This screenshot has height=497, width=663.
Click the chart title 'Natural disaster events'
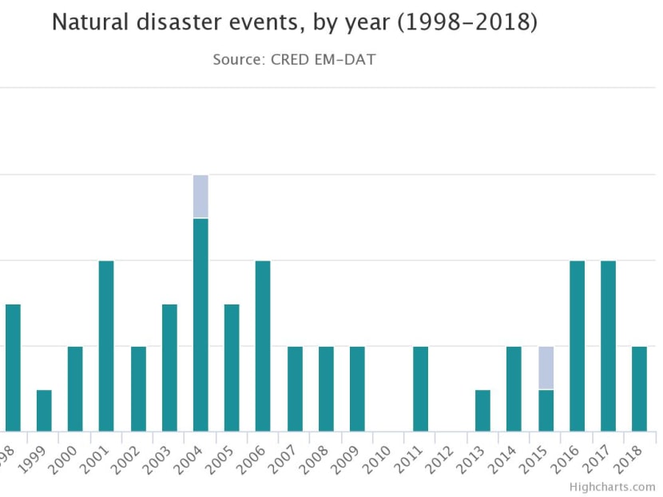click(295, 22)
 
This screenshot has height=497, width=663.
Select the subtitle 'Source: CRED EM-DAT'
click(294, 59)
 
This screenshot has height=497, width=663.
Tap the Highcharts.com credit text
click(612, 487)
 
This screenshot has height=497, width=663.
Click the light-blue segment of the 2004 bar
click(200, 197)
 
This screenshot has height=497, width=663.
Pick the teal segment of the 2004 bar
click(200, 324)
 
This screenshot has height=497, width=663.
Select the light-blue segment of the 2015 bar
click(546, 368)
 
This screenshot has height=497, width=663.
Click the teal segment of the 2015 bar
click(546, 411)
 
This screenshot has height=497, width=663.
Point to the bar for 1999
click(44, 411)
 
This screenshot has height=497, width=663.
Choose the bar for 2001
click(106, 346)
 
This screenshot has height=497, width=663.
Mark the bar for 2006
click(263, 346)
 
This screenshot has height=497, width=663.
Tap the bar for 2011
click(420, 389)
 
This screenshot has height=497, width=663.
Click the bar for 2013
click(482, 411)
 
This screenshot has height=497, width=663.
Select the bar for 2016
click(577, 346)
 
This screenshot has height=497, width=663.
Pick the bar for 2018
click(639, 389)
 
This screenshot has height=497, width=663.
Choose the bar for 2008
click(326, 389)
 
